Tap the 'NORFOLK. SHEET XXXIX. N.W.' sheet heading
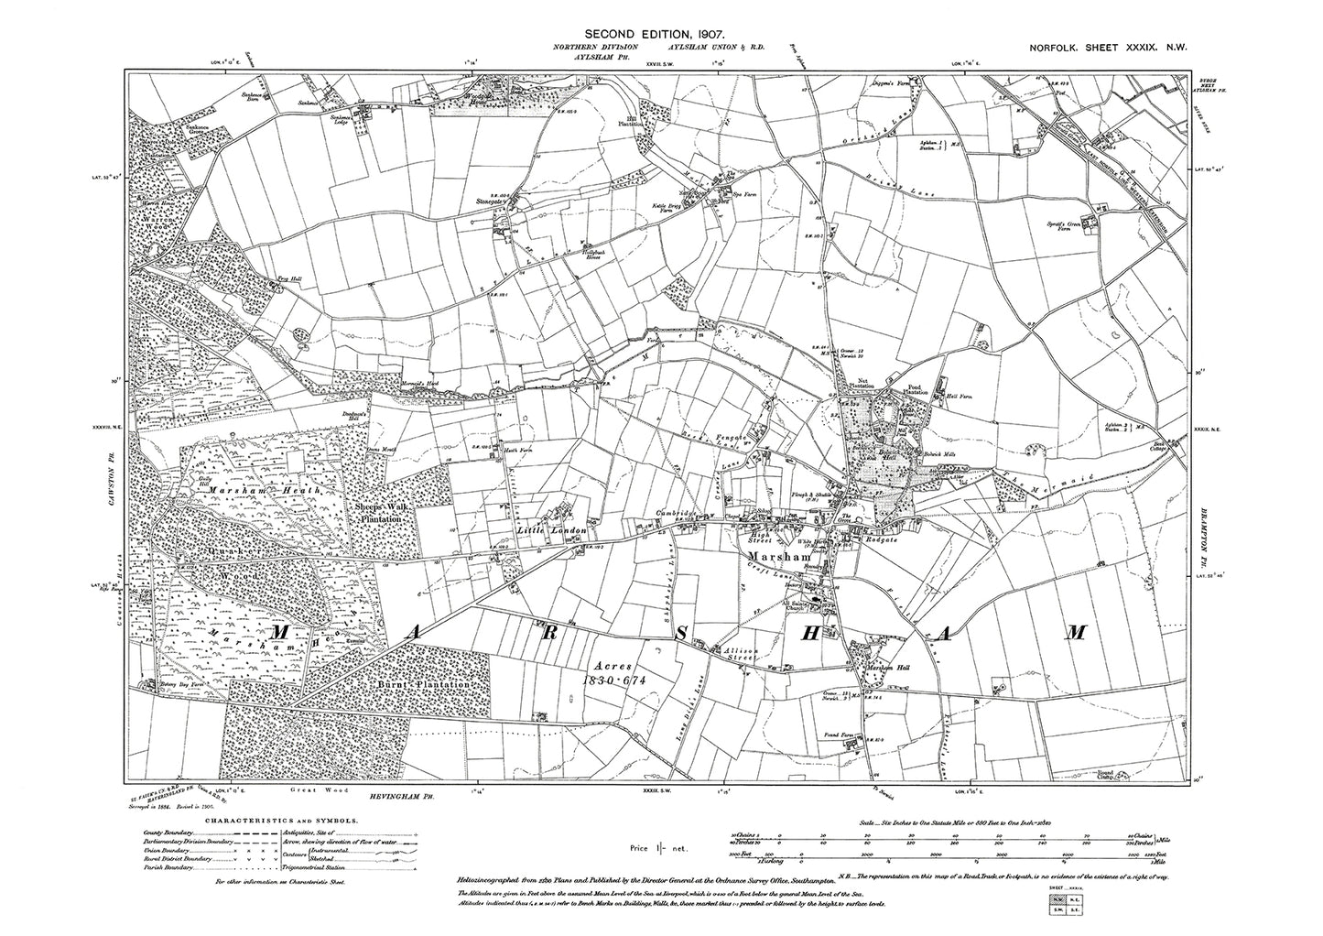click(1096, 56)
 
